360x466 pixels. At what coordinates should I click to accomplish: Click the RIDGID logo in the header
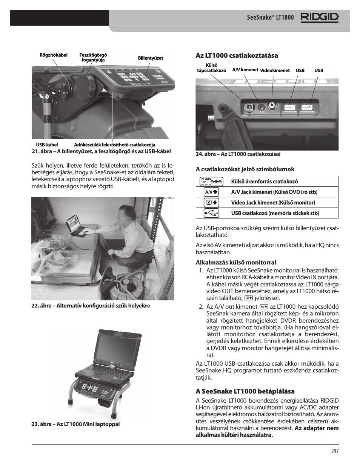coord(319,17)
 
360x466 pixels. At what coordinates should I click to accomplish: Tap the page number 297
coord(335,451)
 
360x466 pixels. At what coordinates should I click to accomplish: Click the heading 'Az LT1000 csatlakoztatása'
coord(231,55)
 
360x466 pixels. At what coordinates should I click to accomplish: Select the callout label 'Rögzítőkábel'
coord(53,55)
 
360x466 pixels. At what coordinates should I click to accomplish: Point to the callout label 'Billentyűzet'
coord(150,58)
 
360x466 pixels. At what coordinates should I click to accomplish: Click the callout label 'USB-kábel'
coord(47,145)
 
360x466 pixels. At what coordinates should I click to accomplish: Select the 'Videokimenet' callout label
coord(275,71)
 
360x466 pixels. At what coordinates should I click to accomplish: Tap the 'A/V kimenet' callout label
coord(245,70)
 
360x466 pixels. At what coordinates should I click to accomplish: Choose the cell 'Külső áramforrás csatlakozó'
coord(264,181)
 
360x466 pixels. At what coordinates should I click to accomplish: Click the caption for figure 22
coord(91,306)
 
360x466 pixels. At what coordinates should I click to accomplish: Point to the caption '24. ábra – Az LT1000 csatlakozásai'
coord(238,154)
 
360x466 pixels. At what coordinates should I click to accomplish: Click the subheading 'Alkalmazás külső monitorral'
coord(235,262)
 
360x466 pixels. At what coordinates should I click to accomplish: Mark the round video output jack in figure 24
coord(271,106)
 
